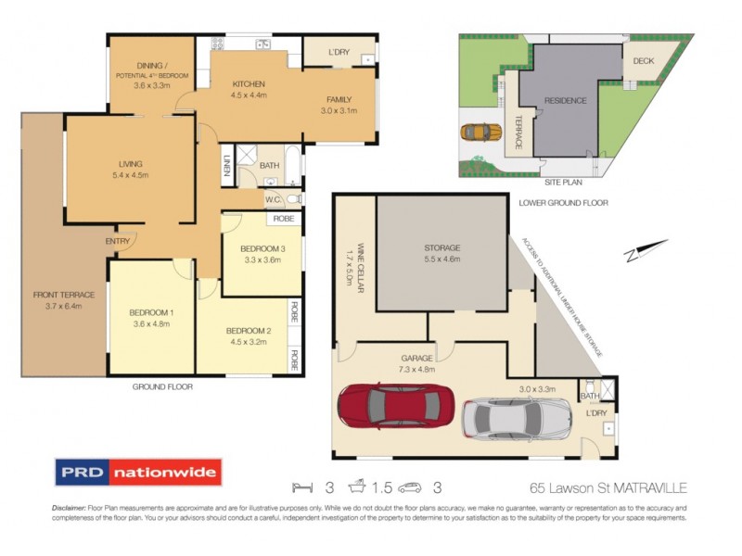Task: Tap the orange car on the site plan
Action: tap(476, 132)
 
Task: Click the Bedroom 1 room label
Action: tap(152, 312)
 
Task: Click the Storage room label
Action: tap(442, 247)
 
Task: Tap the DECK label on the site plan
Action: tap(643, 61)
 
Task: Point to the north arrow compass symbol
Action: tap(646, 248)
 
